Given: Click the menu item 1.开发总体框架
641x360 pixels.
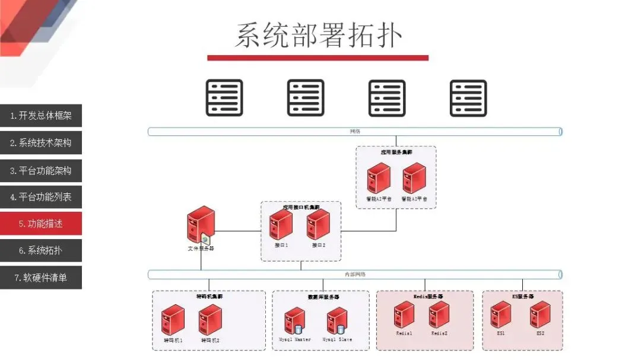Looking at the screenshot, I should [x=41, y=116].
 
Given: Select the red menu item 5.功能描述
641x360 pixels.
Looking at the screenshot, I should [x=41, y=224].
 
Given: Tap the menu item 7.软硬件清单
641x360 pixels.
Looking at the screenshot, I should [x=41, y=277].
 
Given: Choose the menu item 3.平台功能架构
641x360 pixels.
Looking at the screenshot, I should [x=41, y=170].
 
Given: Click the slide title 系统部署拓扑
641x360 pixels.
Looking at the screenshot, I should [x=319, y=35].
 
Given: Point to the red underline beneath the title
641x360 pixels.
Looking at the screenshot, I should [x=318, y=58].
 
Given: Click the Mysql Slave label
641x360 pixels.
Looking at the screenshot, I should [x=337, y=340].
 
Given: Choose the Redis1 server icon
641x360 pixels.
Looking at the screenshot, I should [x=404, y=315].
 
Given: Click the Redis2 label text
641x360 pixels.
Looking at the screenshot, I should [x=439, y=333].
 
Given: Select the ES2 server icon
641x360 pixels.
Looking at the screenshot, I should [x=540, y=314].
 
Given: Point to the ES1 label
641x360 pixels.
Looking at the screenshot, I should [x=501, y=333].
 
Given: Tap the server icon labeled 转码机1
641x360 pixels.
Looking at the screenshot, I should [x=173, y=320].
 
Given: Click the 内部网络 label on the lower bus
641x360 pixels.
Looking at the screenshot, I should [x=355, y=275].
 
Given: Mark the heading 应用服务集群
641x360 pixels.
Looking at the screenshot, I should [x=396, y=152].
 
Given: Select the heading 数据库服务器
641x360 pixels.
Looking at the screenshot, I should [x=323, y=297].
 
